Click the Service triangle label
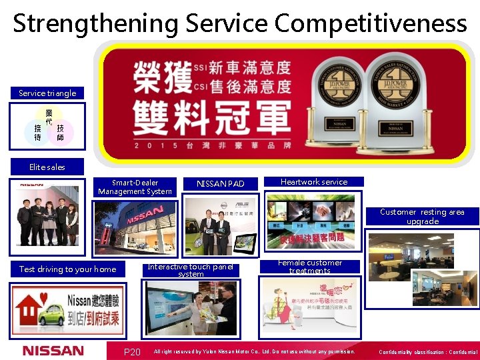tap(47, 93)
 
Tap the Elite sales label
tap(47, 167)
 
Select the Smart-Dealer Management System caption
tap(135, 187)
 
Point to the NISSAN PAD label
tap(221, 183)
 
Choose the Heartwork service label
tap(314, 181)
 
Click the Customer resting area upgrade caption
tap(422, 217)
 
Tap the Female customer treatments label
tap(310, 267)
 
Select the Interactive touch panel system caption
tap(191, 270)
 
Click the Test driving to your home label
tap(67, 269)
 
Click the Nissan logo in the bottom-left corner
tap(53, 351)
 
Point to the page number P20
tap(132, 352)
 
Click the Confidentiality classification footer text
tap(427, 352)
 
